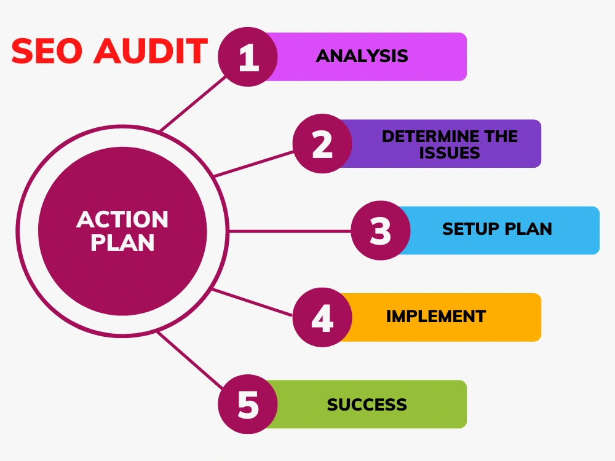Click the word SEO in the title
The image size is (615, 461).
pyautogui.click(x=47, y=51)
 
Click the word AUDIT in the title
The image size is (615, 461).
pyautogui.click(x=150, y=51)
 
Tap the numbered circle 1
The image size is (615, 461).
pyautogui.click(x=248, y=57)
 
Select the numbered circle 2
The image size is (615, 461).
pyautogui.click(x=322, y=143)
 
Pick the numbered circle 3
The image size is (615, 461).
pyautogui.click(x=381, y=230)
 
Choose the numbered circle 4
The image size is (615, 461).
pyautogui.click(x=322, y=317)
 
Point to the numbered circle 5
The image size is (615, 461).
pyautogui.click(x=248, y=404)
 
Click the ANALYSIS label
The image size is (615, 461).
pyautogui.click(x=362, y=56)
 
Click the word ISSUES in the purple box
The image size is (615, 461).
pyautogui.click(x=450, y=153)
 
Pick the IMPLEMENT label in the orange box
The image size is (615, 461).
pyautogui.click(x=436, y=317)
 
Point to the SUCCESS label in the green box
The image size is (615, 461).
pyautogui.click(x=367, y=404)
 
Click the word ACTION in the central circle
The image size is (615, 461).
pyautogui.click(x=122, y=219)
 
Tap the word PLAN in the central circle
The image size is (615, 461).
pyautogui.click(x=122, y=243)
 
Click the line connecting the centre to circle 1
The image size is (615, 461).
pyautogui.click(x=193, y=103)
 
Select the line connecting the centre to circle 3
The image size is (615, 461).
pyautogui.click(x=290, y=231)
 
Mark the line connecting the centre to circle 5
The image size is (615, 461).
pyautogui.click(x=191, y=360)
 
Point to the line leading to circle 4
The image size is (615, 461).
pyautogui.click(x=252, y=302)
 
